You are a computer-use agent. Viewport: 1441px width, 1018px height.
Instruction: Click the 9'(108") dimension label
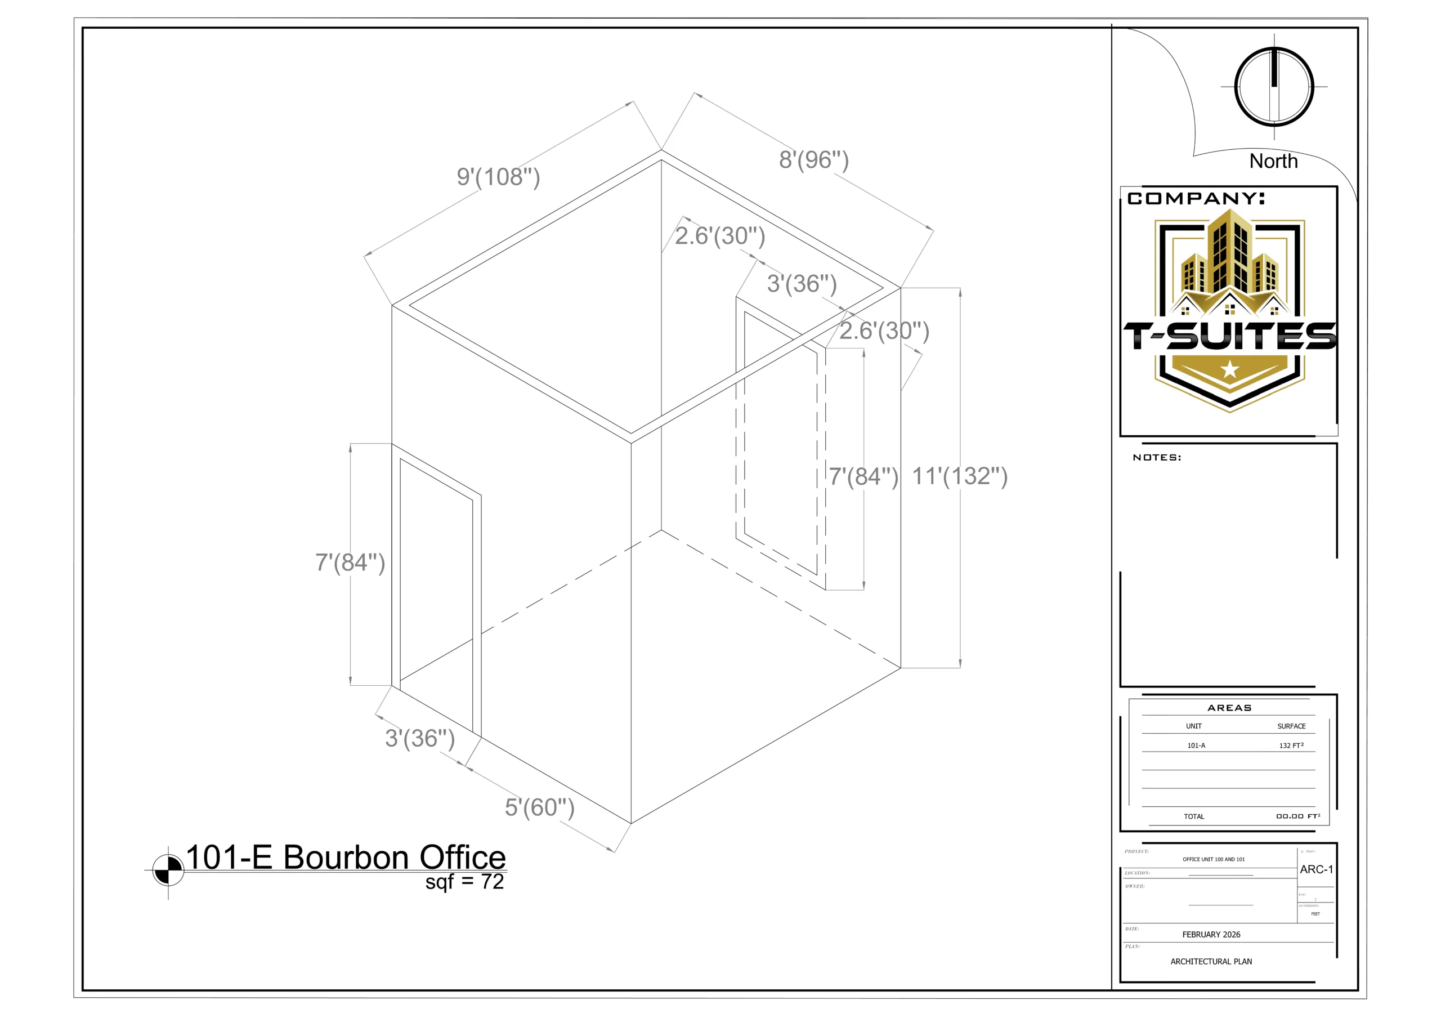pos(498,177)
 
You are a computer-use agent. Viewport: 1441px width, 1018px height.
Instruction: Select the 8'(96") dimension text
pos(814,160)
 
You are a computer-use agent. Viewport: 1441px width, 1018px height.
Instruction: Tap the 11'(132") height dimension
pos(960,476)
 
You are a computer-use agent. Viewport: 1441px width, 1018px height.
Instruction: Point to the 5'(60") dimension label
pos(540,808)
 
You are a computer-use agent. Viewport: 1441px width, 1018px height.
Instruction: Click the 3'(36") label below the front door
pos(420,739)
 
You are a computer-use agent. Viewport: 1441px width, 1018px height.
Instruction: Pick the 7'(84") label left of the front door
pos(350,563)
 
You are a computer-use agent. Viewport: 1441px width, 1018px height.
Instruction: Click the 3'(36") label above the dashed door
pos(802,284)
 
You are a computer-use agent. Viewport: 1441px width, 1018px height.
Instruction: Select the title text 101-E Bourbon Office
pos(346,858)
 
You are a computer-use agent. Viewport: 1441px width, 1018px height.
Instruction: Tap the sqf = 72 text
pos(464,882)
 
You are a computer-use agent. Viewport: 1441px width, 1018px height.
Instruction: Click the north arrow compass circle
pos(1274,87)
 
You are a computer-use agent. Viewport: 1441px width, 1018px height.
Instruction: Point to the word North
pos(1273,161)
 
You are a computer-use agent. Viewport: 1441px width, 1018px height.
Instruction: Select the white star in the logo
pos(1229,370)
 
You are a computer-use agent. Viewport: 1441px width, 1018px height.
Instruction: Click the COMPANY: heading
pos(1196,199)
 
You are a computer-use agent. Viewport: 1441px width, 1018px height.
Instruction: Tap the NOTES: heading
pos(1157,458)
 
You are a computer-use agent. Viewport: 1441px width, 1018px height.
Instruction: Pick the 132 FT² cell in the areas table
pos(1291,745)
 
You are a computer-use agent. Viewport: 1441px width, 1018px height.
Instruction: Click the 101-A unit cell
pos(1196,745)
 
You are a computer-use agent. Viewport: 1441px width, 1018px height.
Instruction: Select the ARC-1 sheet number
pos(1316,870)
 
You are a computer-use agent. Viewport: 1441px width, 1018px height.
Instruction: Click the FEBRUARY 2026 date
pos(1211,935)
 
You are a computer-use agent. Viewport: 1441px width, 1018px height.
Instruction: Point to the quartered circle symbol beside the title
pos(168,870)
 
